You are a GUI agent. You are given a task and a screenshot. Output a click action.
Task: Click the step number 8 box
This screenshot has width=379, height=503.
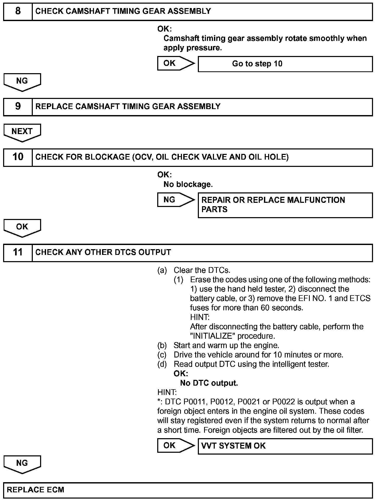click(18, 11)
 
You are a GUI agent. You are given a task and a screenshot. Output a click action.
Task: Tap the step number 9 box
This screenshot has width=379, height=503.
click(18, 106)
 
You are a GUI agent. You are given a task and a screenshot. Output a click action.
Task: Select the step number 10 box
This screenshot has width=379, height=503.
click(18, 157)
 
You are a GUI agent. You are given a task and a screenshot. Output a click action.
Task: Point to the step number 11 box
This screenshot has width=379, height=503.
click(18, 252)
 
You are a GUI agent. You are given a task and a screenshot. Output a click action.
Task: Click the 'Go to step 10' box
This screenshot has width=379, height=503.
click(285, 64)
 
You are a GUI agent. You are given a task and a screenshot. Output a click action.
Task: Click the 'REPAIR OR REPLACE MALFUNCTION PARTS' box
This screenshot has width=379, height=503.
click(285, 205)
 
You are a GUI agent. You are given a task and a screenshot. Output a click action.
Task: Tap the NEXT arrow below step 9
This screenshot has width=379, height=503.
click(22, 132)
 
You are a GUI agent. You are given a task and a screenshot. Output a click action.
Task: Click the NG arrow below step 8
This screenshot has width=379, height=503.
click(22, 82)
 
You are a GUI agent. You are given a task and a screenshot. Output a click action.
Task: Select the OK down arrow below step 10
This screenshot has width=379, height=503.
click(22, 228)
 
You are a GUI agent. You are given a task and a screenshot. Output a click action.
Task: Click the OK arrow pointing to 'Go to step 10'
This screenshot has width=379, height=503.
click(175, 63)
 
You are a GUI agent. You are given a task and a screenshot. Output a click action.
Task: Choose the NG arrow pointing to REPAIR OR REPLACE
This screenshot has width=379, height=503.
click(175, 200)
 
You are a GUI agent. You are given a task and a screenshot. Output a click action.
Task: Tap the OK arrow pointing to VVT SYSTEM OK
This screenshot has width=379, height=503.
click(175, 445)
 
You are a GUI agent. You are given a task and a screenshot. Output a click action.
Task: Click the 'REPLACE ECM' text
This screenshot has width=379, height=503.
click(35, 490)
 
